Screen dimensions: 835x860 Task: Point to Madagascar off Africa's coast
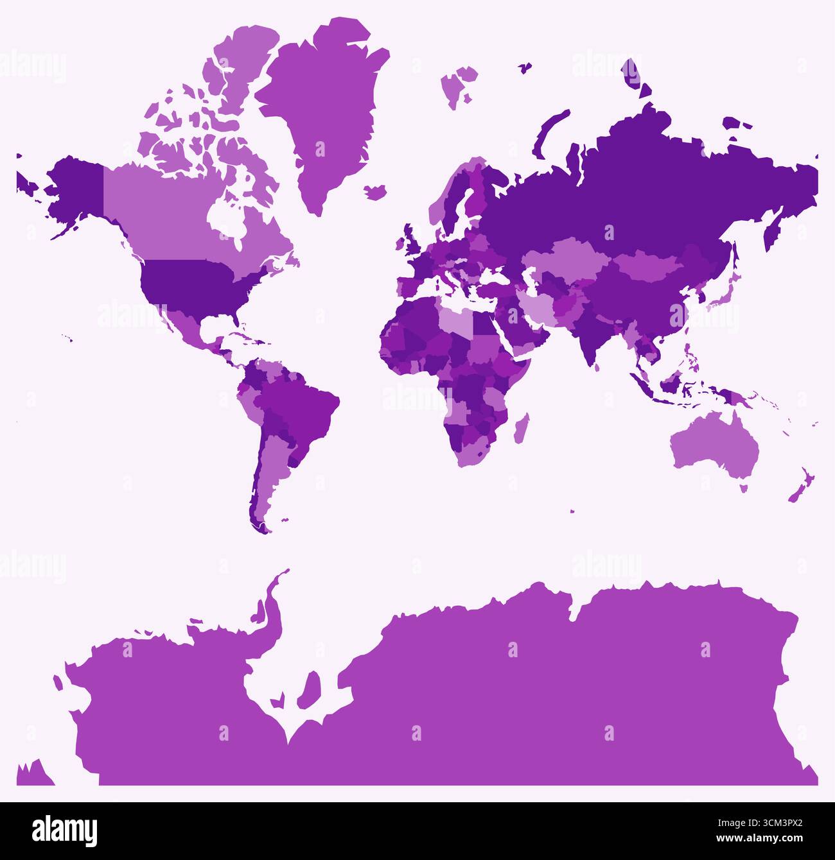(x=522, y=429)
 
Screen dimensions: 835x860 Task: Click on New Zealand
(x=802, y=487)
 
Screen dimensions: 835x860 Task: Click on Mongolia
(x=649, y=266)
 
